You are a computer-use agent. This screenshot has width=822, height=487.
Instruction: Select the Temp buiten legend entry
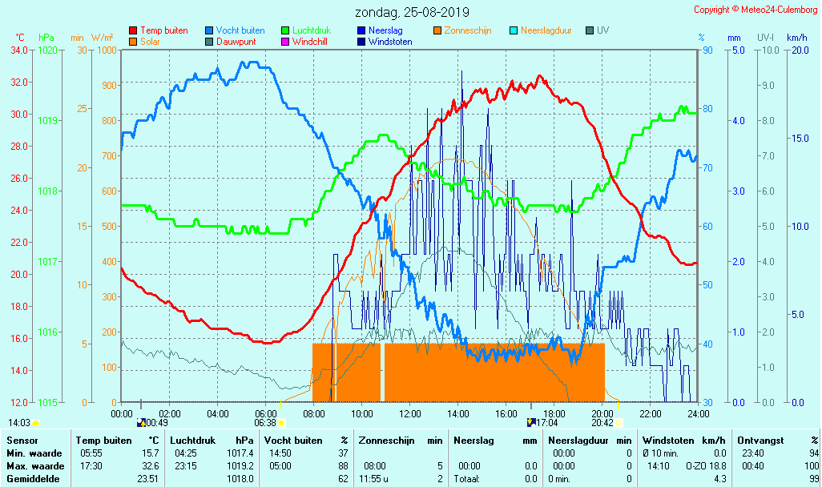pyautogui.click(x=163, y=30)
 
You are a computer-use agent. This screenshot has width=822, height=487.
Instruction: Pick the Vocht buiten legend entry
pyautogui.click(x=240, y=30)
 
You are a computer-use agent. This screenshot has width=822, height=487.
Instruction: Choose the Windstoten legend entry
pyautogui.click(x=389, y=42)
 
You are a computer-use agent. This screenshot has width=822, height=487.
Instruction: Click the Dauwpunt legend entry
pyautogui.click(x=236, y=42)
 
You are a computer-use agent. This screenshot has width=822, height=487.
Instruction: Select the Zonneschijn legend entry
pyautogui.click(x=467, y=30)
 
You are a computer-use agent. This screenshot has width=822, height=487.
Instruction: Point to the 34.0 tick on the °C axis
pyautogui.click(x=21, y=50)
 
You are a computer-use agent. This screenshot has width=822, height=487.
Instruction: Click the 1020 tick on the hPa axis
pyautogui.click(x=47, y=50)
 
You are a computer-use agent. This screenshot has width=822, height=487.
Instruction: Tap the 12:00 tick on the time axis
pyautogui.click(x=410, y=413)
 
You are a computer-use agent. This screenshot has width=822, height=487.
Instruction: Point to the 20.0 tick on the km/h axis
pyautogui.click(x=796, y=50)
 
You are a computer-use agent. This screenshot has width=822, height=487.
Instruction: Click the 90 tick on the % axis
pyautogui.click(x=707, y=50)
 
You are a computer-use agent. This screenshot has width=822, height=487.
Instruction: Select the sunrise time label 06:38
pyautogui.click(x=265, y=423)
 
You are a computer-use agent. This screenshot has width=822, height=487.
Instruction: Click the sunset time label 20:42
pyautogui.click(x=602, y=423)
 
